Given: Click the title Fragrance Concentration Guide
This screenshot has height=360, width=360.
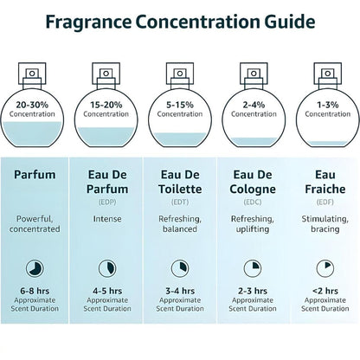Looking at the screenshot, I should coord(179,22).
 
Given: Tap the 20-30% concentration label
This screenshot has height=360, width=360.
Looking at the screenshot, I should coord(38,105).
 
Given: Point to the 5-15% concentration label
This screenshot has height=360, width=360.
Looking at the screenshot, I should coord(179,105).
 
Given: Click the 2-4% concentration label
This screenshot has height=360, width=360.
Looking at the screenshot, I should coord(252,105).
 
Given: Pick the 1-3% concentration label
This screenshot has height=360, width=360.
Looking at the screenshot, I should coord(322,105).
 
